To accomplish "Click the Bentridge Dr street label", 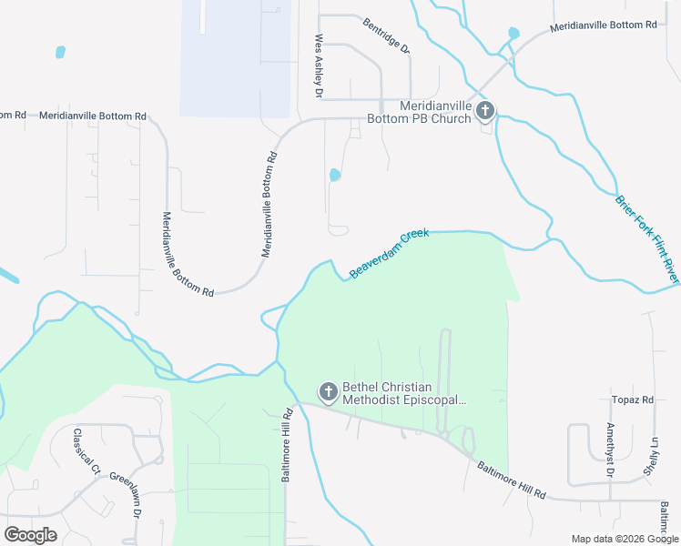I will click(386, 35).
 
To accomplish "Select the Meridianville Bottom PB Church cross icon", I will click(485, 112).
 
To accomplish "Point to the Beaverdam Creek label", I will click(389, 253).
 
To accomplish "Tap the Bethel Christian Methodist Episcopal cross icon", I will click(328, 392).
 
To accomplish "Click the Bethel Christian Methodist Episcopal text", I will click(404, 392).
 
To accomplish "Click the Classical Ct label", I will click(86, 452).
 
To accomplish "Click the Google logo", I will click(30, 535).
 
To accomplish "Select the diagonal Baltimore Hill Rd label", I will click(511, 480).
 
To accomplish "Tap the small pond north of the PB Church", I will click(513, 34).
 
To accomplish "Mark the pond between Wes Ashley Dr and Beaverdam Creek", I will click(334, 174).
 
